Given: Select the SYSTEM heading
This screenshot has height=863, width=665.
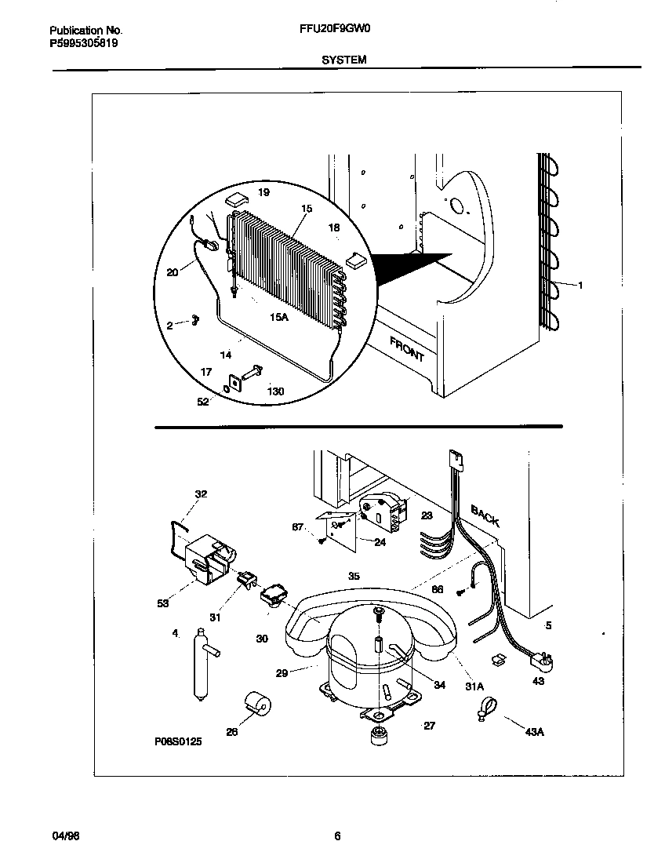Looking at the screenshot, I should (x=343, y=60).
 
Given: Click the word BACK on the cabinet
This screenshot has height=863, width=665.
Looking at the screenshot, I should (x=485, y=515).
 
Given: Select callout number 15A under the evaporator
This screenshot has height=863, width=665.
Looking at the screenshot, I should (x=279, y=318).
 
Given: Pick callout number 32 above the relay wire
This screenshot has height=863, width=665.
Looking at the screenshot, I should (x=202, y=493).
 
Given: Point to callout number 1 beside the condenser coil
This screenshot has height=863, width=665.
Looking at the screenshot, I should (x=580, y=286).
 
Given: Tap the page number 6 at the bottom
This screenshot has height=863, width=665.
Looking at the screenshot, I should (x=336, y=836).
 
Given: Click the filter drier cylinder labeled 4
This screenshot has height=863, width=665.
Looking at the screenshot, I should (x=198, y=662).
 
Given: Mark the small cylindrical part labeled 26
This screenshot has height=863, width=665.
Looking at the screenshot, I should (x=256, y=704).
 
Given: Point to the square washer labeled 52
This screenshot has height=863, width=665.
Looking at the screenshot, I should (x=233, y=384).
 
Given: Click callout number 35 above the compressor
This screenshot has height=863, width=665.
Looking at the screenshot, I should (x=354, y=576).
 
